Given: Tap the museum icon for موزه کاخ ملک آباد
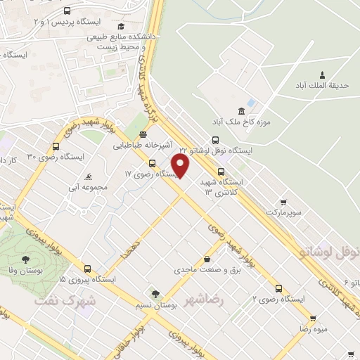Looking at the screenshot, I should tap(242, 111).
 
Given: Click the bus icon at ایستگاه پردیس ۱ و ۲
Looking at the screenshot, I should tap(67, 11).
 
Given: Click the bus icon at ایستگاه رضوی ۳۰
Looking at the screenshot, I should tap(56, 146).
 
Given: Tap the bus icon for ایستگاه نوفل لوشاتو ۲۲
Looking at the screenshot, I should tap(215, 140).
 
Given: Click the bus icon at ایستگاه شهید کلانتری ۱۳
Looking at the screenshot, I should tap(221, 171).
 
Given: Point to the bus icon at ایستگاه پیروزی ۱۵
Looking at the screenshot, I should tap(87, 268).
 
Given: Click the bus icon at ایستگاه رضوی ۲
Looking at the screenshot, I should tap(279, 288).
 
